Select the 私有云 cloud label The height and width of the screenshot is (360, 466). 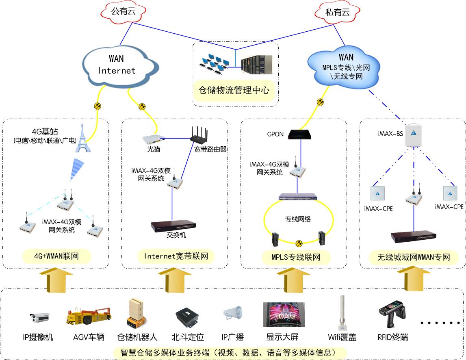tap(337, 13)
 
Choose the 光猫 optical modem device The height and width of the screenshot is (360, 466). tap(153, 139)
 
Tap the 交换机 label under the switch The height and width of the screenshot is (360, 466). tap(176, 235)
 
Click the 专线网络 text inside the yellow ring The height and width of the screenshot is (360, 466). tap(297, 219)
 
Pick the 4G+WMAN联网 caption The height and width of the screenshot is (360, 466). tap(56, 257)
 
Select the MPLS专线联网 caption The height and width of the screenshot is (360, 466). tap(296, 257)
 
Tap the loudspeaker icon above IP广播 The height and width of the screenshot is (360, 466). tap(232, 313)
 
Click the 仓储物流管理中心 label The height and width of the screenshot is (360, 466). tap(234, 89)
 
